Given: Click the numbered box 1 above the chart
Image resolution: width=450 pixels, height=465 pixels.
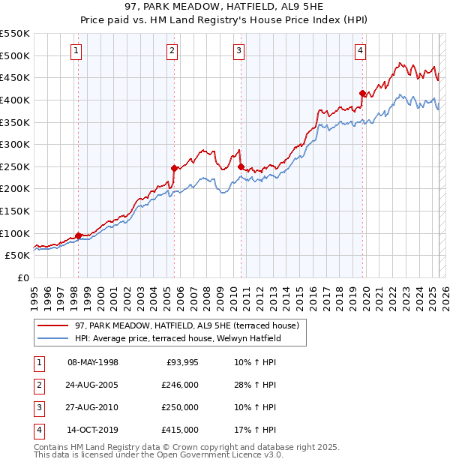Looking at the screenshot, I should coord(77,51).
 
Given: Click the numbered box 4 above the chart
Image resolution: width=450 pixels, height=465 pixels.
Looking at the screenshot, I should coord(360,51).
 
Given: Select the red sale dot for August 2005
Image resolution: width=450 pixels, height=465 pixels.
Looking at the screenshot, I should coord(173,168).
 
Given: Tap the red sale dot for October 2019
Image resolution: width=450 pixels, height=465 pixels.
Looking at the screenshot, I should coord(362,94).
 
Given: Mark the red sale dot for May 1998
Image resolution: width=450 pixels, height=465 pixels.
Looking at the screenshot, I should coord(78,235).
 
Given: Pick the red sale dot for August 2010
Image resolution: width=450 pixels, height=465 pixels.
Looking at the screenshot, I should coord(240,166).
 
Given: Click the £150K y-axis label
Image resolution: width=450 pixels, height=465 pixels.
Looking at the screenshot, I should coord(15,211).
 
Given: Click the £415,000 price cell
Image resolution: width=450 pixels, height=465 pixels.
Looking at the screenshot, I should coord(179,430).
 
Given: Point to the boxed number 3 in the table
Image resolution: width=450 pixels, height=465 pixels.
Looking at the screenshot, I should coord(37,407).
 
